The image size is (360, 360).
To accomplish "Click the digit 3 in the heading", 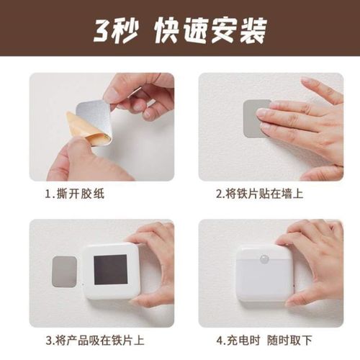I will tap(103, 30).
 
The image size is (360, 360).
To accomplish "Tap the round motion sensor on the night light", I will tap(265, 257).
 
